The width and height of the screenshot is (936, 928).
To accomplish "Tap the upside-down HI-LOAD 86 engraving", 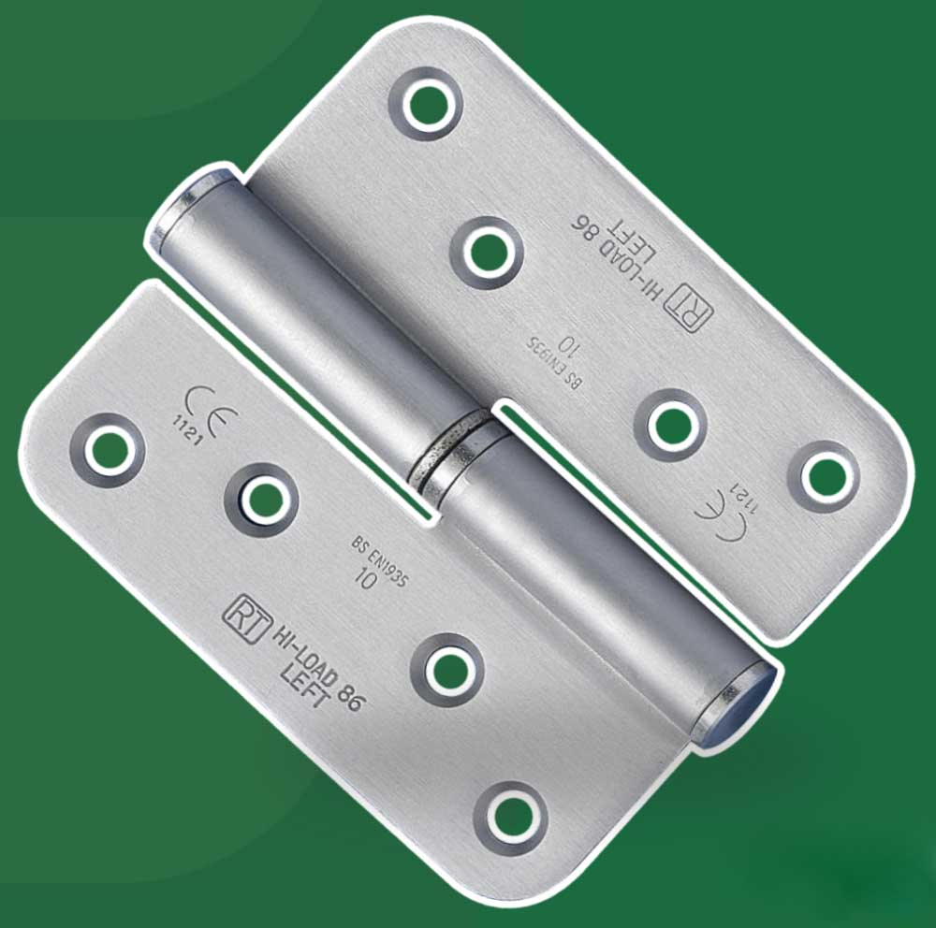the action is [619, 259].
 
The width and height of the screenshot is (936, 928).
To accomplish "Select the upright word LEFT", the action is [305, 687].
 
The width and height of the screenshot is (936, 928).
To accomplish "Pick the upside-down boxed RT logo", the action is [689, 309].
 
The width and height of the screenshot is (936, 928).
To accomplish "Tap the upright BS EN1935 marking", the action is [380, 561].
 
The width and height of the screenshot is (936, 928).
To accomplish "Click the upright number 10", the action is [365, 578].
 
